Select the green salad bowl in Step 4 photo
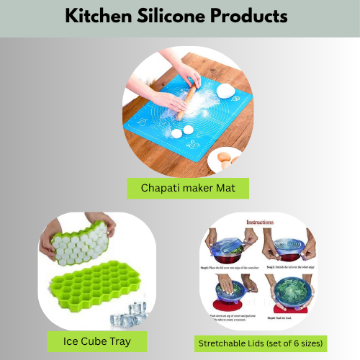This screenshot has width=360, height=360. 286,296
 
